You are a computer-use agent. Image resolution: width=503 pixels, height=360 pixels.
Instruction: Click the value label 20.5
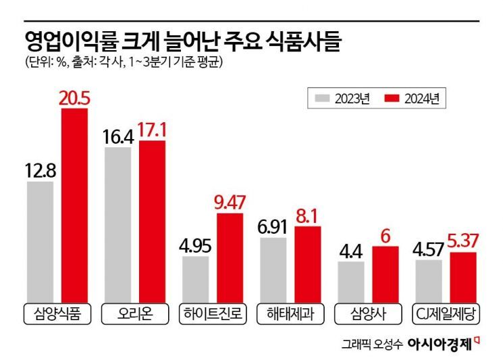click(x=75, y=99)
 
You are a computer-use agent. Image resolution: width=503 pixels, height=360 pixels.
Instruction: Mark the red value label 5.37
click(x=462, y=242)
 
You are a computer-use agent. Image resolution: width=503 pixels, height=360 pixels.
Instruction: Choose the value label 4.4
click(x=350, y=251)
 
